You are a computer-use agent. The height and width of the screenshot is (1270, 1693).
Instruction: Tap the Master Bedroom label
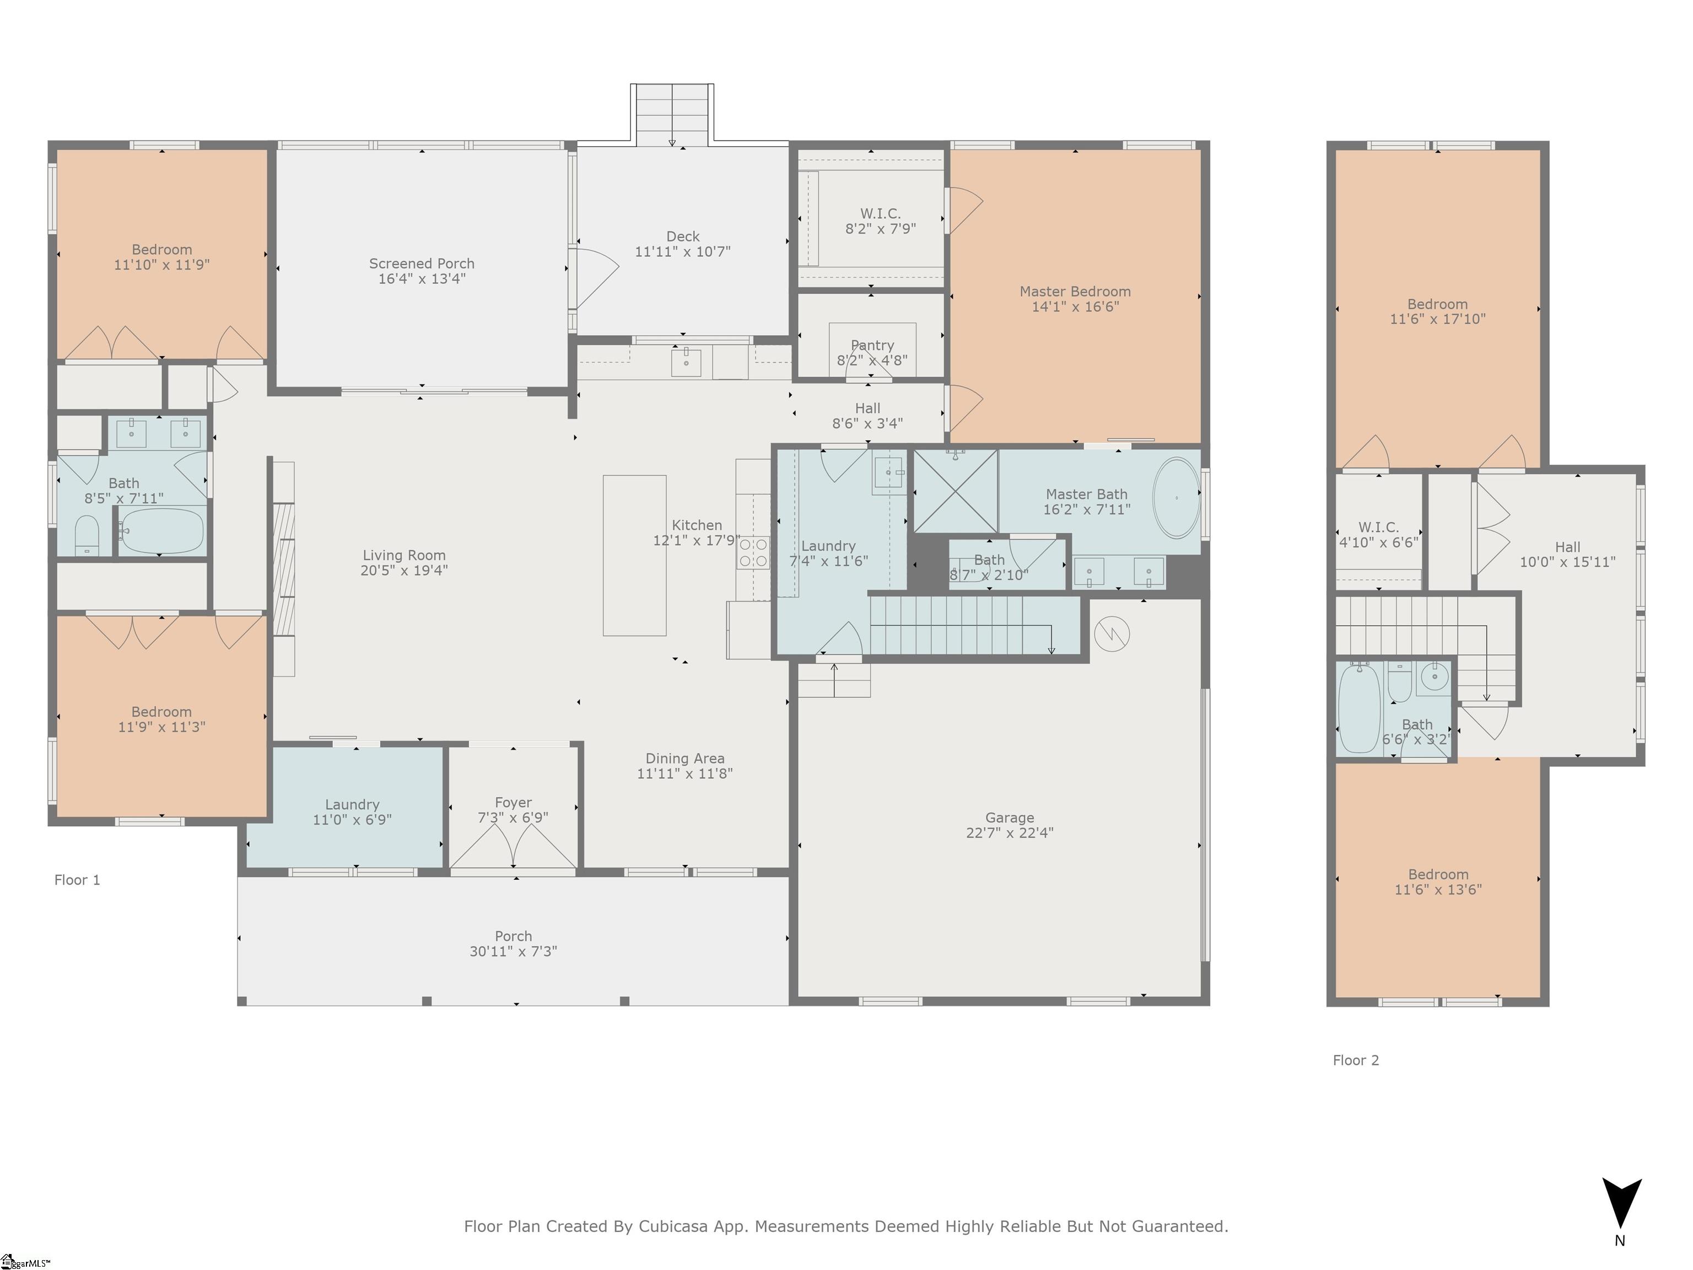[x=1075, y=292]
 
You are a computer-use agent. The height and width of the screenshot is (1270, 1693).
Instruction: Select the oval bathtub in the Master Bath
[x=1177, y=498]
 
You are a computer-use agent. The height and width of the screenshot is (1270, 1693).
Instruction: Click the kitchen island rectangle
[x=634, y=556]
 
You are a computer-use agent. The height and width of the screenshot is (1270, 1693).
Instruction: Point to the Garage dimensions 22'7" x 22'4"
[x=1010, y=833]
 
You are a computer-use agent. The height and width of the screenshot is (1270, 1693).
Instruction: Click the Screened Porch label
[x=422, y=263]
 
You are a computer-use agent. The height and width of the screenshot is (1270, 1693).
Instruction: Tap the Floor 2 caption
[x=1356, y=1060]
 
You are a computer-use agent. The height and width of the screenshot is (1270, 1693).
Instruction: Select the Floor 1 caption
[x=77, y=880]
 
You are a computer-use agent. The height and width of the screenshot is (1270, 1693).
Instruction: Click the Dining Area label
[x=685, y=758]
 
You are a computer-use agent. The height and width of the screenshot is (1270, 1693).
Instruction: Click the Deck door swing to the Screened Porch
[x=596, y=278]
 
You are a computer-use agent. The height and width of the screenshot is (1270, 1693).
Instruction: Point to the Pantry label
[x=872, y=345]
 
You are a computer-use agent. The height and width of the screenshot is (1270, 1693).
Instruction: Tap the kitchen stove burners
[x=753, y=553]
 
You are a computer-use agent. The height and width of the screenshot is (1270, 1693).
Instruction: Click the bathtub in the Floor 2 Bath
[x=1359, y=709]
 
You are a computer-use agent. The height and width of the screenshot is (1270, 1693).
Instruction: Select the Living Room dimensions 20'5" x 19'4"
[x=404, y=571]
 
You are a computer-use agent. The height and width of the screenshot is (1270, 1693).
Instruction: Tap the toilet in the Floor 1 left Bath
[x=87, y=535]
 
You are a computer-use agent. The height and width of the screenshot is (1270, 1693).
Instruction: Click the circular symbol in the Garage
[x=1112, y=634]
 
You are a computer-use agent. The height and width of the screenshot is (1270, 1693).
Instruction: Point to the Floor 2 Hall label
[x=1567, y=547]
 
